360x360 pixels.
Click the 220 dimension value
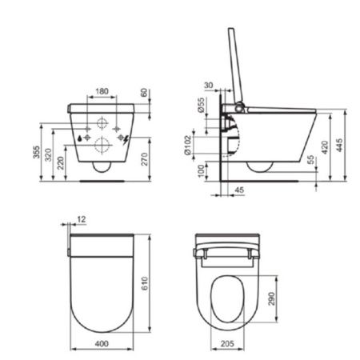[x=62, y=162]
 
